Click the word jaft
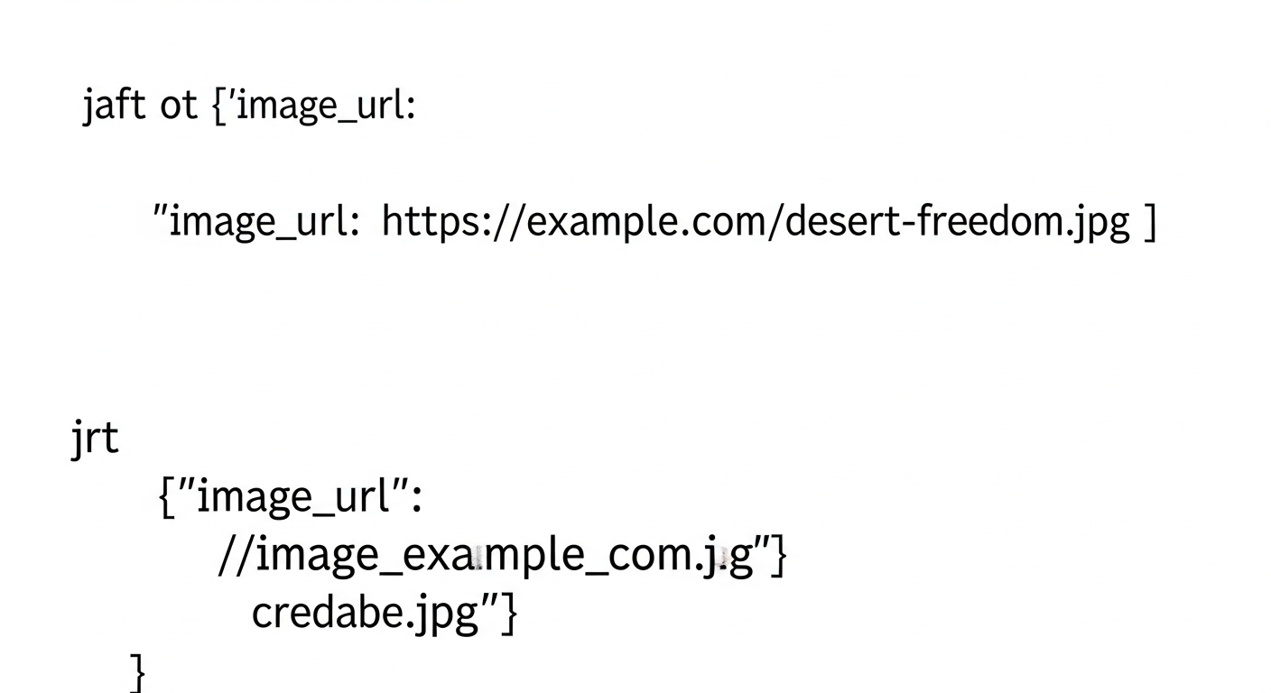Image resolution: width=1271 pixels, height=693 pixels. point(115,106)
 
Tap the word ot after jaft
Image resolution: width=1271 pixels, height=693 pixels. point(179,106)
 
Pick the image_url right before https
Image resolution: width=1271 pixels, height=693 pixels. point(259,222)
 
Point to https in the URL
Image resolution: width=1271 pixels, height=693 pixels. point(431,222)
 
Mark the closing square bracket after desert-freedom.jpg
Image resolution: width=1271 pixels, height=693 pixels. point(1150,222)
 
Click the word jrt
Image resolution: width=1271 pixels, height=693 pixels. point(95,439)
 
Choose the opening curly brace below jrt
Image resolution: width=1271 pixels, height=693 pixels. point(166,497)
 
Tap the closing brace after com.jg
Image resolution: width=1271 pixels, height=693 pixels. point(780,556)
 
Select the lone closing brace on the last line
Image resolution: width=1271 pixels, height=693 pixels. point(138,673)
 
